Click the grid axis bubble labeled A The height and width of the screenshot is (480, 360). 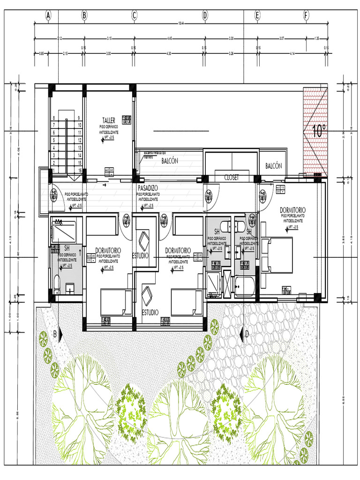tap(48, 16)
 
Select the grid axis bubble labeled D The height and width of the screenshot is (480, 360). tap(205, 16)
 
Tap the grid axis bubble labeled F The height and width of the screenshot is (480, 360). tap(306, 16)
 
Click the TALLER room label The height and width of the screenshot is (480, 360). tap(109, 120)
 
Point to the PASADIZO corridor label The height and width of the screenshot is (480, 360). tap(148, 187)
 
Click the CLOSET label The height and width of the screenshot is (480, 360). tap(232, 178)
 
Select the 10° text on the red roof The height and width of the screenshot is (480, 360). tap(317, 132)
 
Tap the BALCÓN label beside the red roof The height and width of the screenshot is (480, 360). tap(273, 166)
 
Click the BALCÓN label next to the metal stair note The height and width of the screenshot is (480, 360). tap(170, 161)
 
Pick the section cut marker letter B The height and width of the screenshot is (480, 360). tap(55, 334)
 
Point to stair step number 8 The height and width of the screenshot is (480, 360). tap(54, 118)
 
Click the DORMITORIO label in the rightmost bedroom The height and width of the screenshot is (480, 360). tap(293, 210)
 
